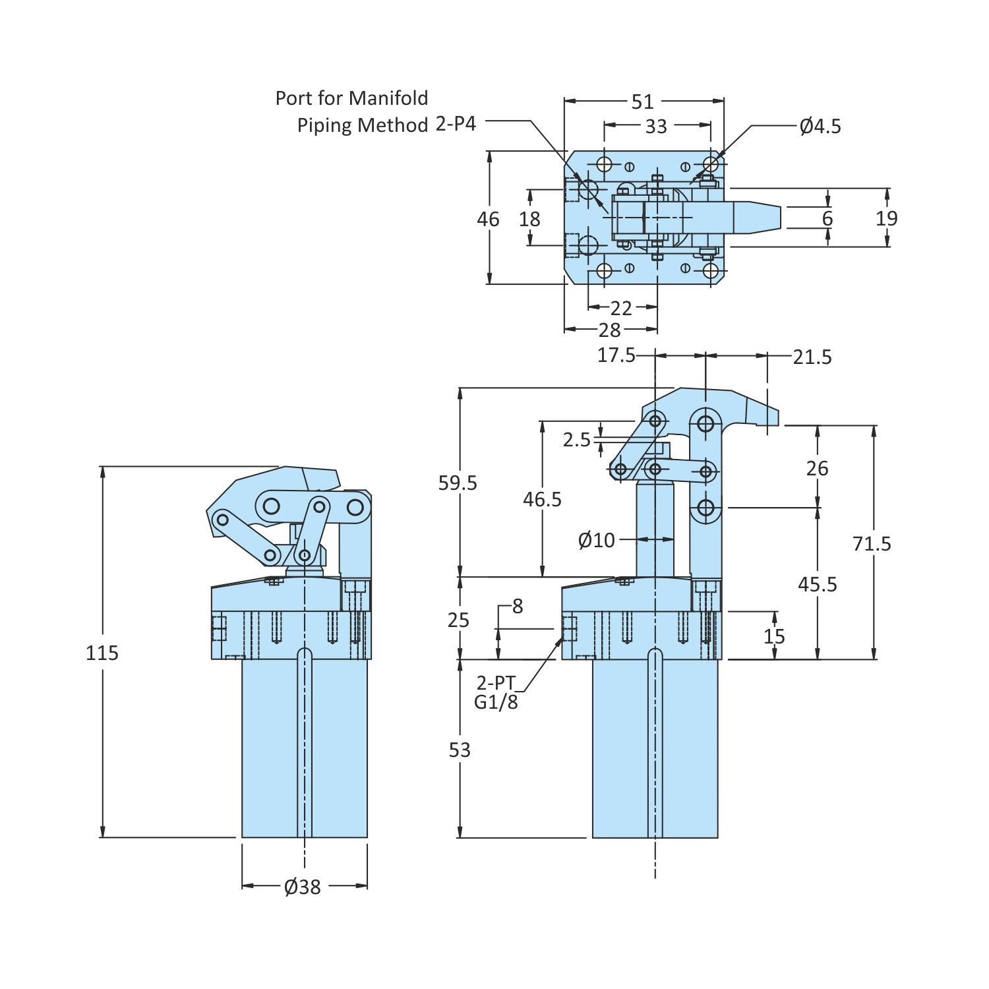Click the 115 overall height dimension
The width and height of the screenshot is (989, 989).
102,653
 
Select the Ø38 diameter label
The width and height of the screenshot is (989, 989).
303,887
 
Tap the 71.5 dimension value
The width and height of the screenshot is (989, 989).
872,543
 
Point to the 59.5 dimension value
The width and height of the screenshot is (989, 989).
458,483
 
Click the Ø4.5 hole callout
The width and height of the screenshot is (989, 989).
821,126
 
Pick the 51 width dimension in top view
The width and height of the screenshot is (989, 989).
643,102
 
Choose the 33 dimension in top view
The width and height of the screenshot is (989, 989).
656,126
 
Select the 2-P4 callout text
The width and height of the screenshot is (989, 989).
456,124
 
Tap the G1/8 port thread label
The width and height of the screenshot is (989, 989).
496,702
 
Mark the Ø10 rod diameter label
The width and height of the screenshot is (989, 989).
596,541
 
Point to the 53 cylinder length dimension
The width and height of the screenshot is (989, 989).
460,750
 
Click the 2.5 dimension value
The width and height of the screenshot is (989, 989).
577,440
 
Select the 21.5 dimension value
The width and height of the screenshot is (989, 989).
812,357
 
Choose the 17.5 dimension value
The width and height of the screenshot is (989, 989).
616,355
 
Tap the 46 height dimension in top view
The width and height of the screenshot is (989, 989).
489,219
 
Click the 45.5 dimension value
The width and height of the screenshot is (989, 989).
818,584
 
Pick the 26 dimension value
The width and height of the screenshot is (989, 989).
818,468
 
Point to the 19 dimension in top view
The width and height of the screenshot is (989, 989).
887,218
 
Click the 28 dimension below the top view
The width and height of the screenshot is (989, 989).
610,330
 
